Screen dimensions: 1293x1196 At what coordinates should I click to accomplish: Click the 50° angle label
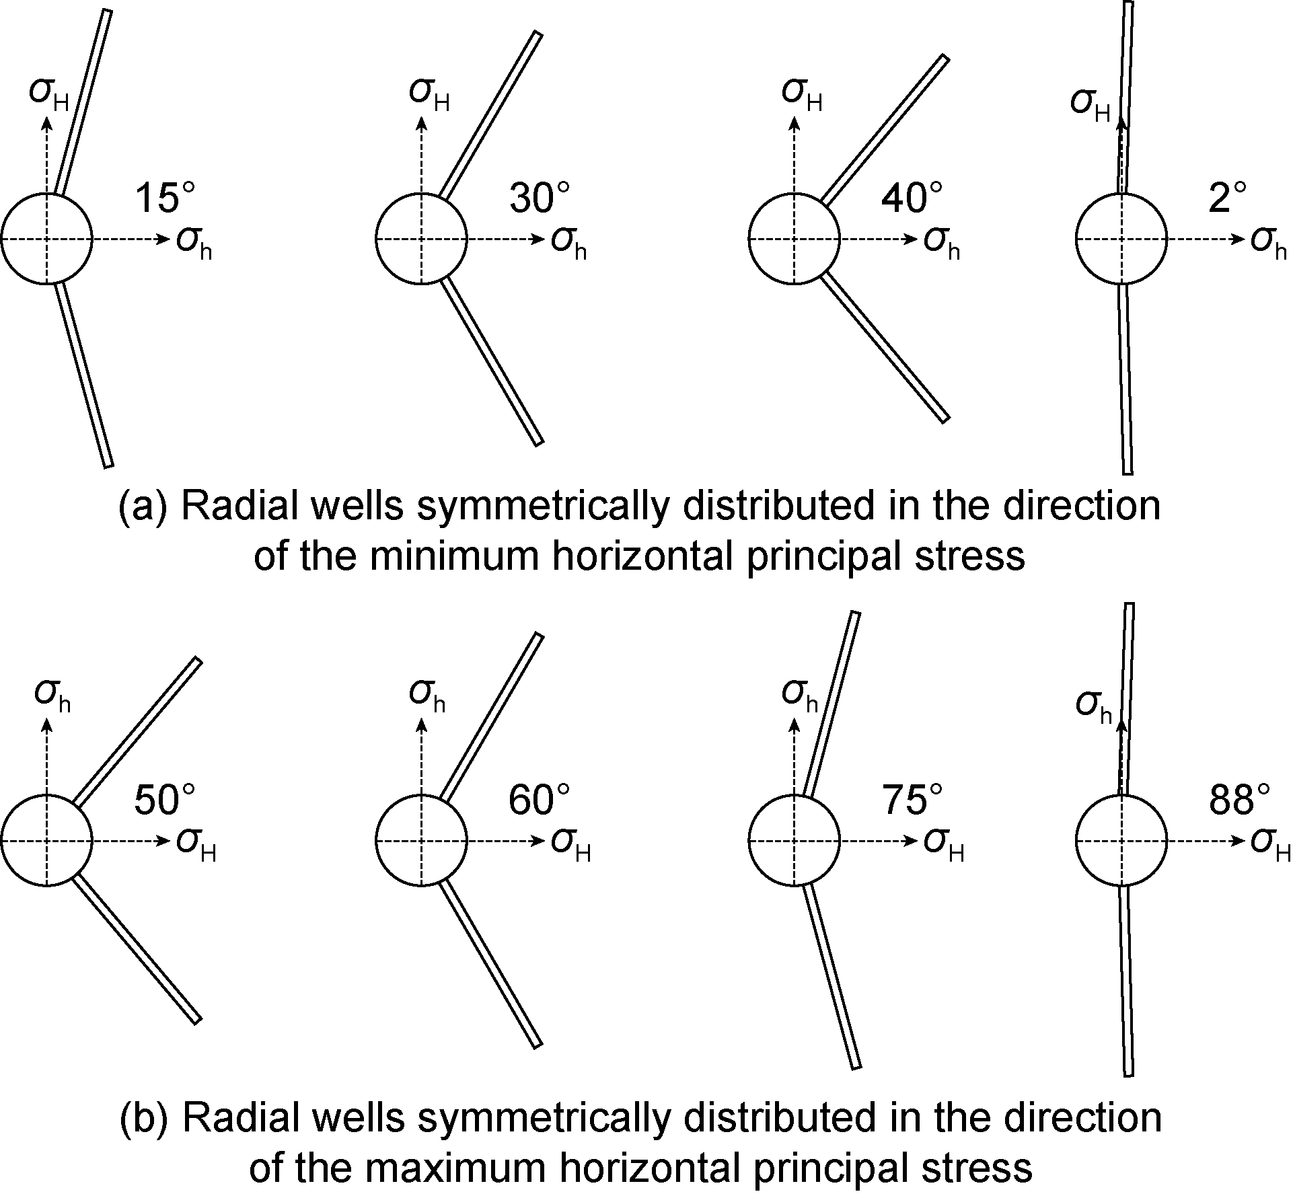pyautogui.click(x=165, y=800)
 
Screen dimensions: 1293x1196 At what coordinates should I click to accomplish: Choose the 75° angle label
pyautogui.click(x=912, y=800)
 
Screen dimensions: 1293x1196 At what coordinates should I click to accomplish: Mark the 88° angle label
pyautogui.click(x=1240, y=800)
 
